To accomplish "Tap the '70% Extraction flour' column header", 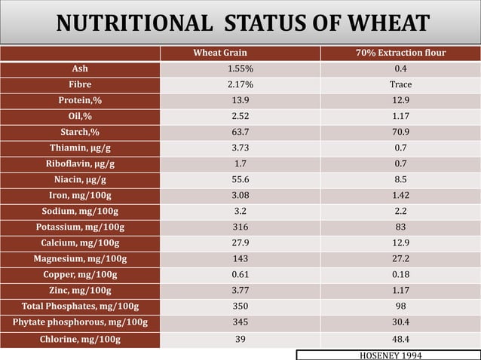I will (x=400, y=53).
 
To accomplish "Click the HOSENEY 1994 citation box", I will (x=388, y=354).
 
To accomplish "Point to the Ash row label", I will (x=80, y=69).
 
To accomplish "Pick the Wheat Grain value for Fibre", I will (x=240, y=84).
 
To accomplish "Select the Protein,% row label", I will (x=80, y=100).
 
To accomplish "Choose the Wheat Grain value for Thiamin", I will (x=240, y=148).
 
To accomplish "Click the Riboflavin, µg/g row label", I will (x=80, y=163).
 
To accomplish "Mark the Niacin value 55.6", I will (x=240, y=179).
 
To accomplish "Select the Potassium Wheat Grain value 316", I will (x=240, y=227).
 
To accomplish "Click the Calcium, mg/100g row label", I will (x=80, y=243).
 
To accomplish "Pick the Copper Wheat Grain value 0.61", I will (x=240, y=274).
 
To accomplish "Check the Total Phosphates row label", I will (x=80, y=306).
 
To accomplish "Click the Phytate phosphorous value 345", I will (x=240, y=322).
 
